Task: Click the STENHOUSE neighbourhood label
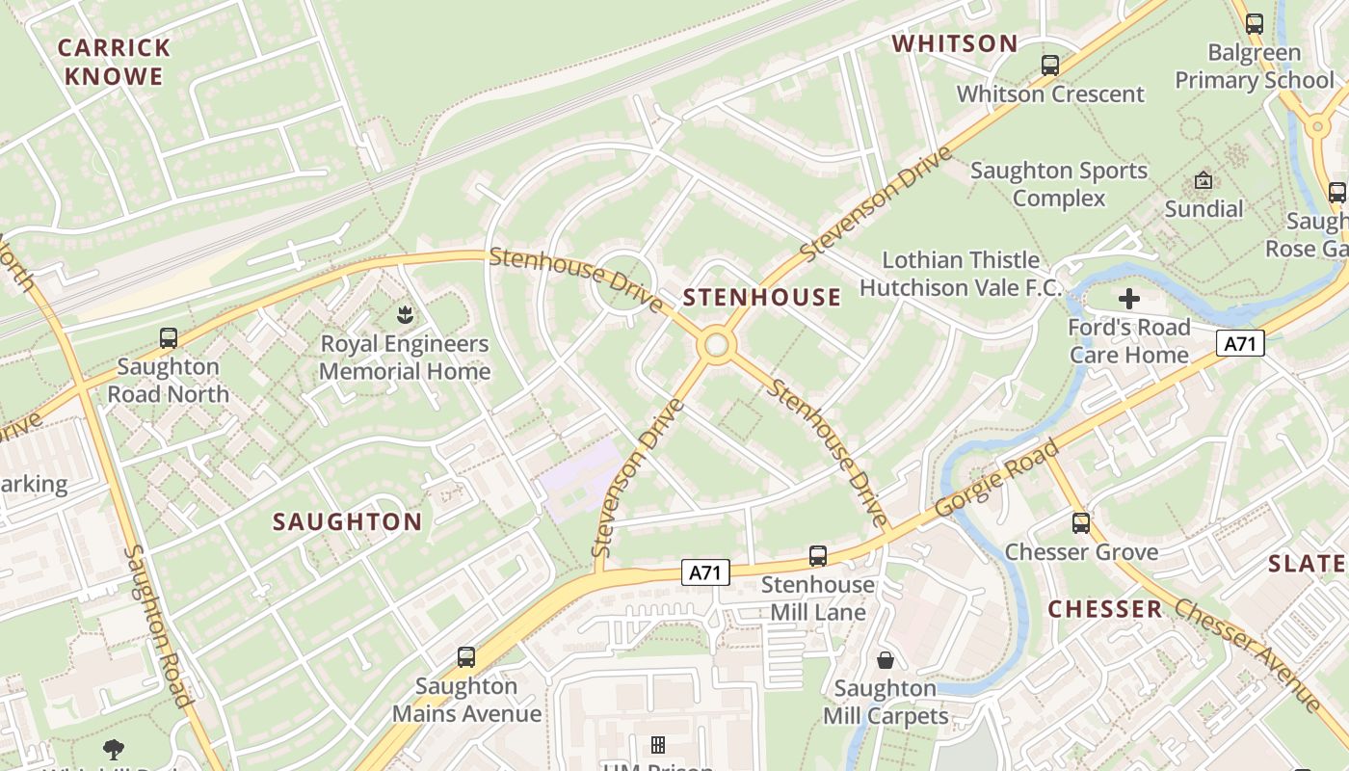[x=762, y=297]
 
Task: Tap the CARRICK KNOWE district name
[x=115, y=62]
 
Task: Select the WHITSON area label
[x=955, y=43]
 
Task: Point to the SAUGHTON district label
[x=348, y=522]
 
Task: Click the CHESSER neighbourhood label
[x=1105, y=609]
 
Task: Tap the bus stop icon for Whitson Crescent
[x=1050, y=66]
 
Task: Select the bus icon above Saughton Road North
[x=169, y=338]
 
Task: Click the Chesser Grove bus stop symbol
[x=1081, y=523]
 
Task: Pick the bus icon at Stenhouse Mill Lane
[x=818, y=556]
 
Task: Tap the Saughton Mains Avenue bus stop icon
[x=466, y=657]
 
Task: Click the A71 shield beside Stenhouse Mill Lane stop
[x=705, y=572]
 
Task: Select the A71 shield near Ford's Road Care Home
[x=1240, y=343]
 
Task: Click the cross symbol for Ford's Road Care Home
[x=1128, y=299]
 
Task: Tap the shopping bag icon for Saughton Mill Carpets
[x=885, y=660]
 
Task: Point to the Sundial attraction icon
[x=1204, y=180]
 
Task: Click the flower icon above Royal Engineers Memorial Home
[x=405, y=314]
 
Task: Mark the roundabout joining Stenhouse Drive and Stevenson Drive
[x=716, y=345]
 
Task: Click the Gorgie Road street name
[x=997, y=479]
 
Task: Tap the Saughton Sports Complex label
[x=1059, y=184]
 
